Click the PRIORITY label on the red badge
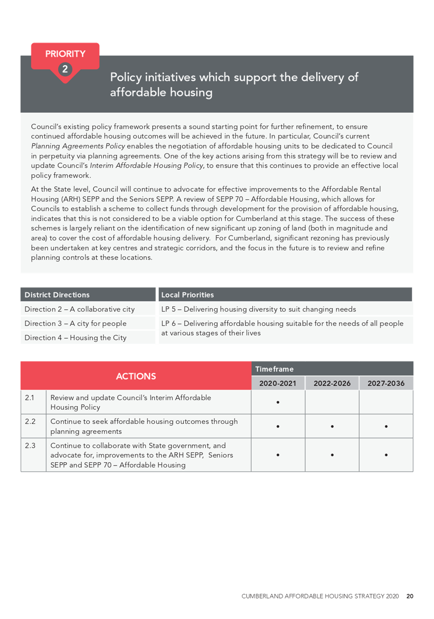coord(65,54)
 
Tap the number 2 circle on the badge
coord(65,69)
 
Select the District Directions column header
coord(57,295)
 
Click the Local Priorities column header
coord(188,295)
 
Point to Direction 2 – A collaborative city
coord(80,309)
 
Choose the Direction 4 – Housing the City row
coord(75,337)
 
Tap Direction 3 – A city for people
coord(75,323)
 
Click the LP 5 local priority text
coord(258,309)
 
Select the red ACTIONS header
coord(136,376)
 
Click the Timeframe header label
coord(274,369)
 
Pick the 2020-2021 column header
coord(278,383)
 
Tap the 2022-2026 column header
coord(332,383)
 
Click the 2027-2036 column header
coord(386,383)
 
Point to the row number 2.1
coord(30,398)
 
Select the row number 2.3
coord(30,445)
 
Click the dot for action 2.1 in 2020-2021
coord(278,403)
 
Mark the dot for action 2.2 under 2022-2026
coord(332,426)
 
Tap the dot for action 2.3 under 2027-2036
coord(386,455)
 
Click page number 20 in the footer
coord(410,596)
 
